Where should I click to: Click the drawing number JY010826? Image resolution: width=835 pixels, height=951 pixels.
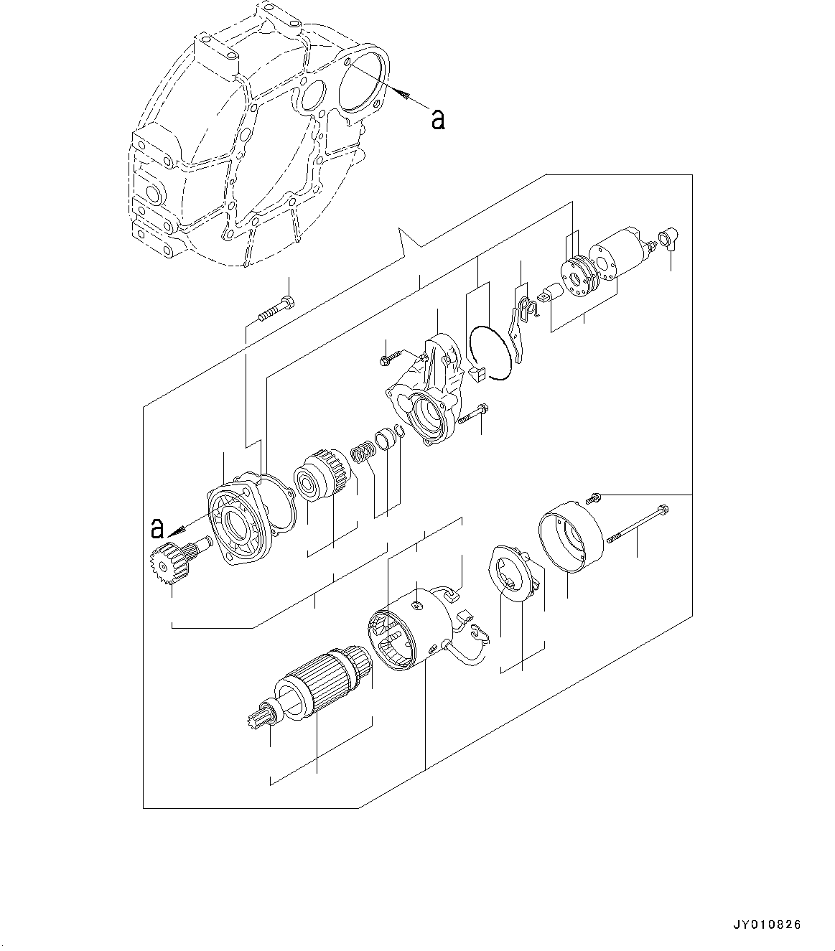coord(766,925)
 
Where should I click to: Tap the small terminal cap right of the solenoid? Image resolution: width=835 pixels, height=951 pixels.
coord(669,239)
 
